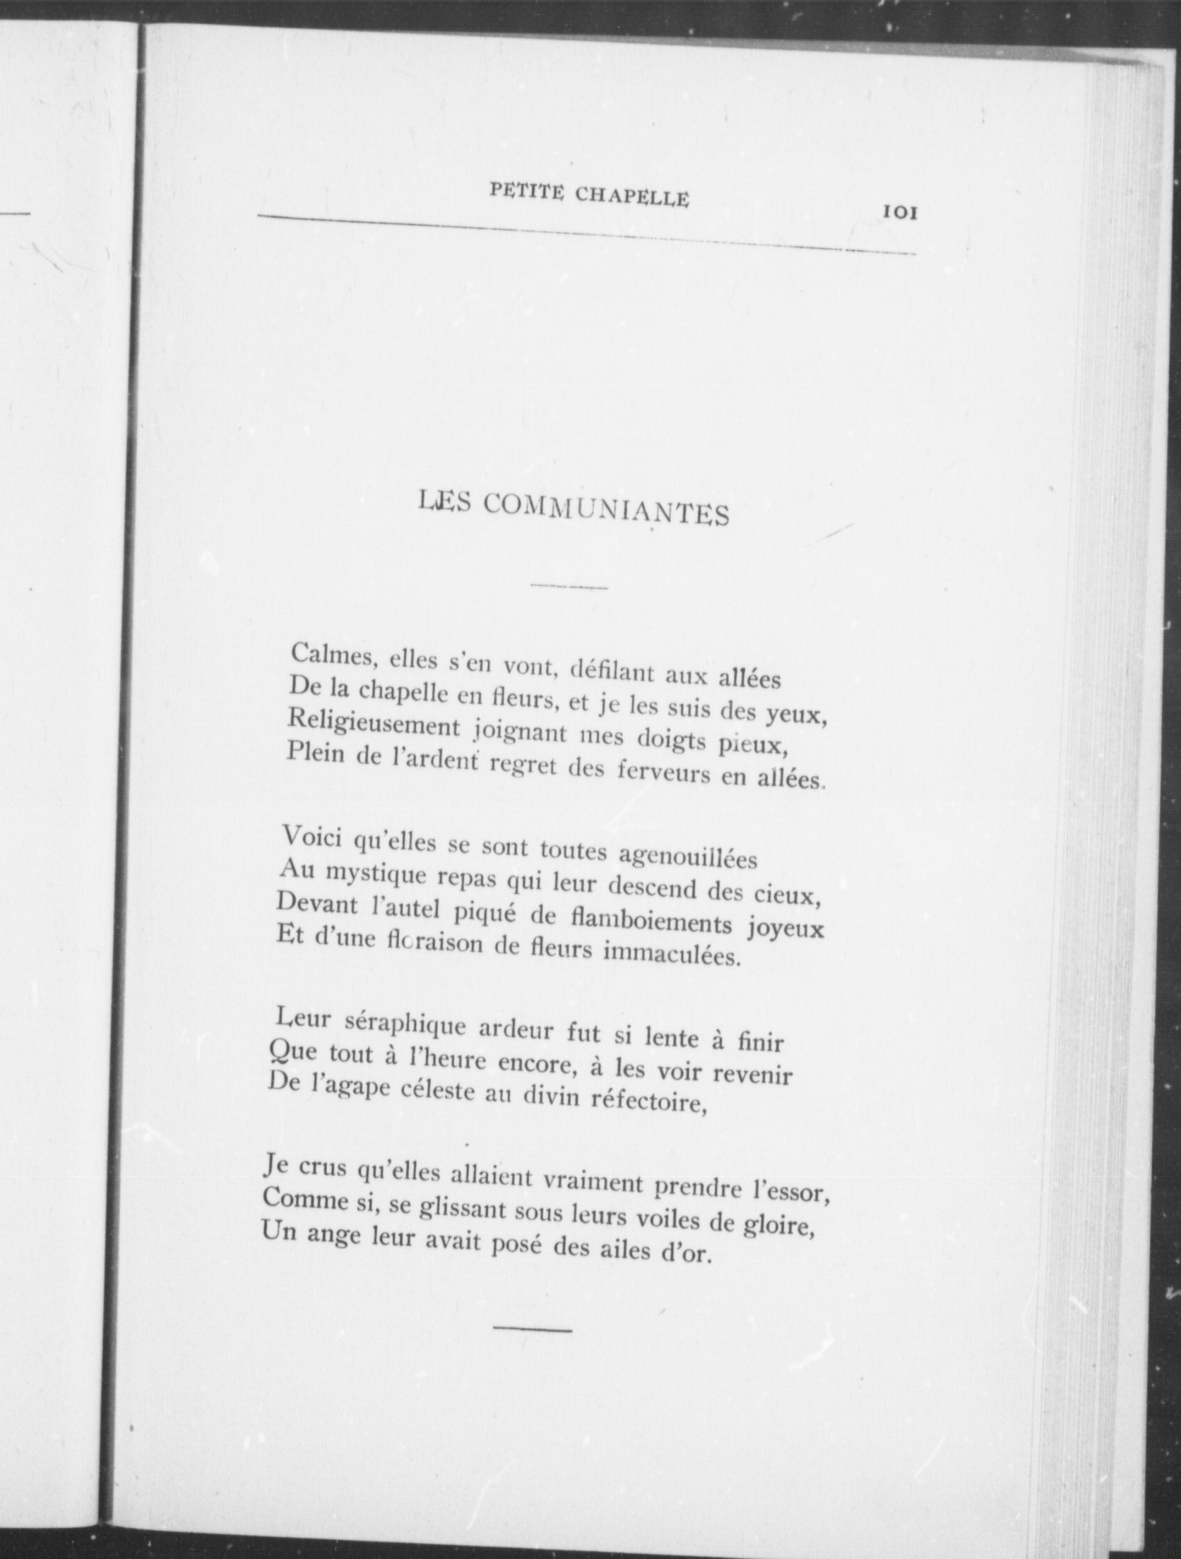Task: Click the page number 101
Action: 898,213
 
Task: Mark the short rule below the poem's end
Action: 532,1329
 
